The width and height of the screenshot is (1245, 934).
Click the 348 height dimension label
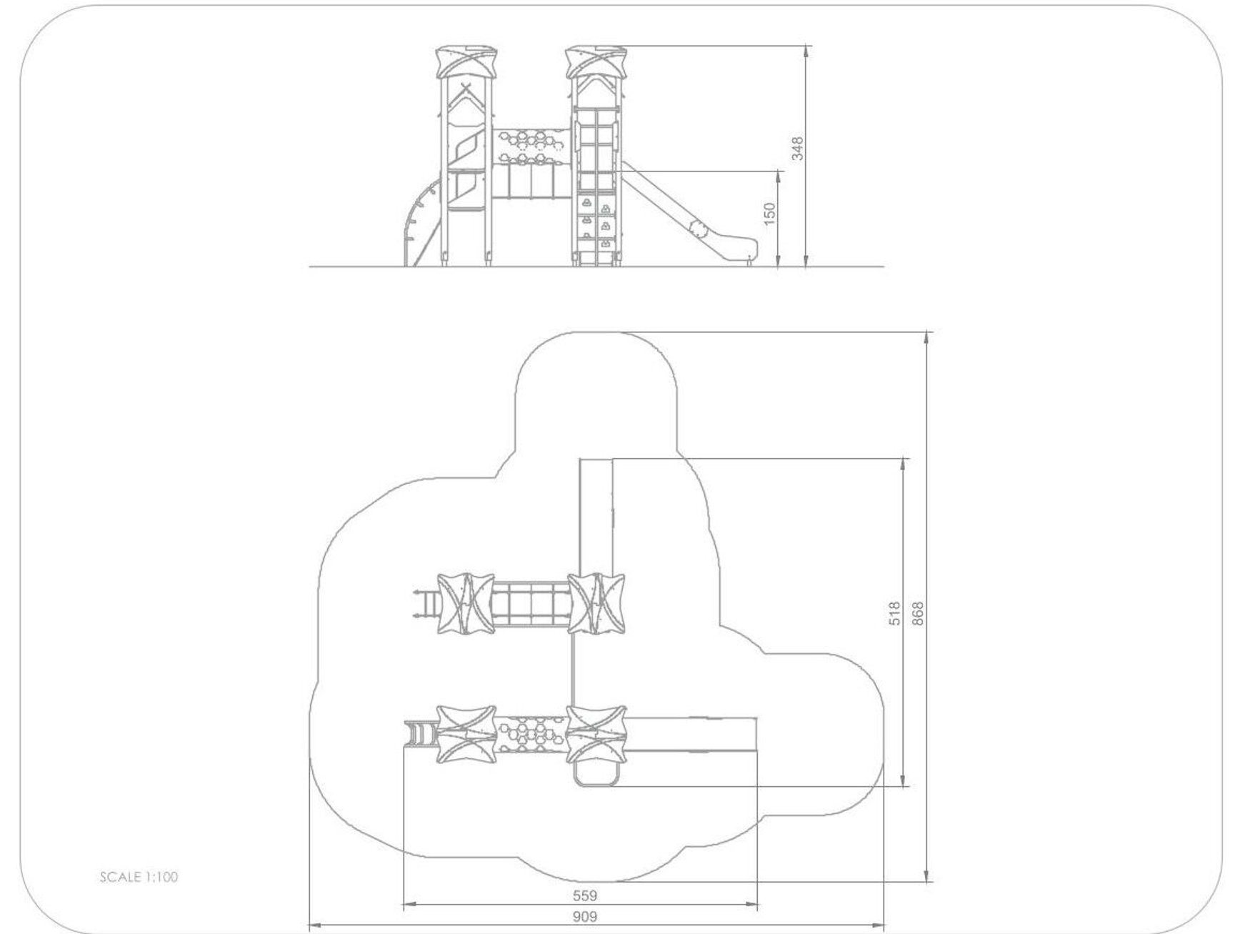[x=798, y=148]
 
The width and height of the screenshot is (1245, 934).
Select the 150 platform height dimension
[x=769, y=214]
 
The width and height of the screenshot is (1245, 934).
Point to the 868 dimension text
[x=918, y=613]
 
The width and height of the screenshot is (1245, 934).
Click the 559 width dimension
[x=584, y=895]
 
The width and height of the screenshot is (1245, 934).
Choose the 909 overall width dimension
[x=584, y=916]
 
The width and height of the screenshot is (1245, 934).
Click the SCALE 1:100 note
[x=139, y=877]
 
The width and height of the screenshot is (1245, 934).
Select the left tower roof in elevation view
[x=466, y=61]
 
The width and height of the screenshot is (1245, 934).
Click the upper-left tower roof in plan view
[x=465, y=603]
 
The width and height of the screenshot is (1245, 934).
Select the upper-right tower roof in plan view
[x=596, y=603]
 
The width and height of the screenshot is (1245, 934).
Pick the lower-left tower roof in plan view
[x=466, y=735]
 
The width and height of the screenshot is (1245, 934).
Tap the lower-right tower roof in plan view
[x=596, y=735]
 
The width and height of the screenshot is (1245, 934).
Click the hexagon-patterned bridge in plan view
[x=532, y=735]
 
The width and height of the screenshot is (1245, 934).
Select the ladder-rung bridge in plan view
[x=531, y=604]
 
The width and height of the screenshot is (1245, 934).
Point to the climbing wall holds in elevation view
[x=596, y=222]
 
